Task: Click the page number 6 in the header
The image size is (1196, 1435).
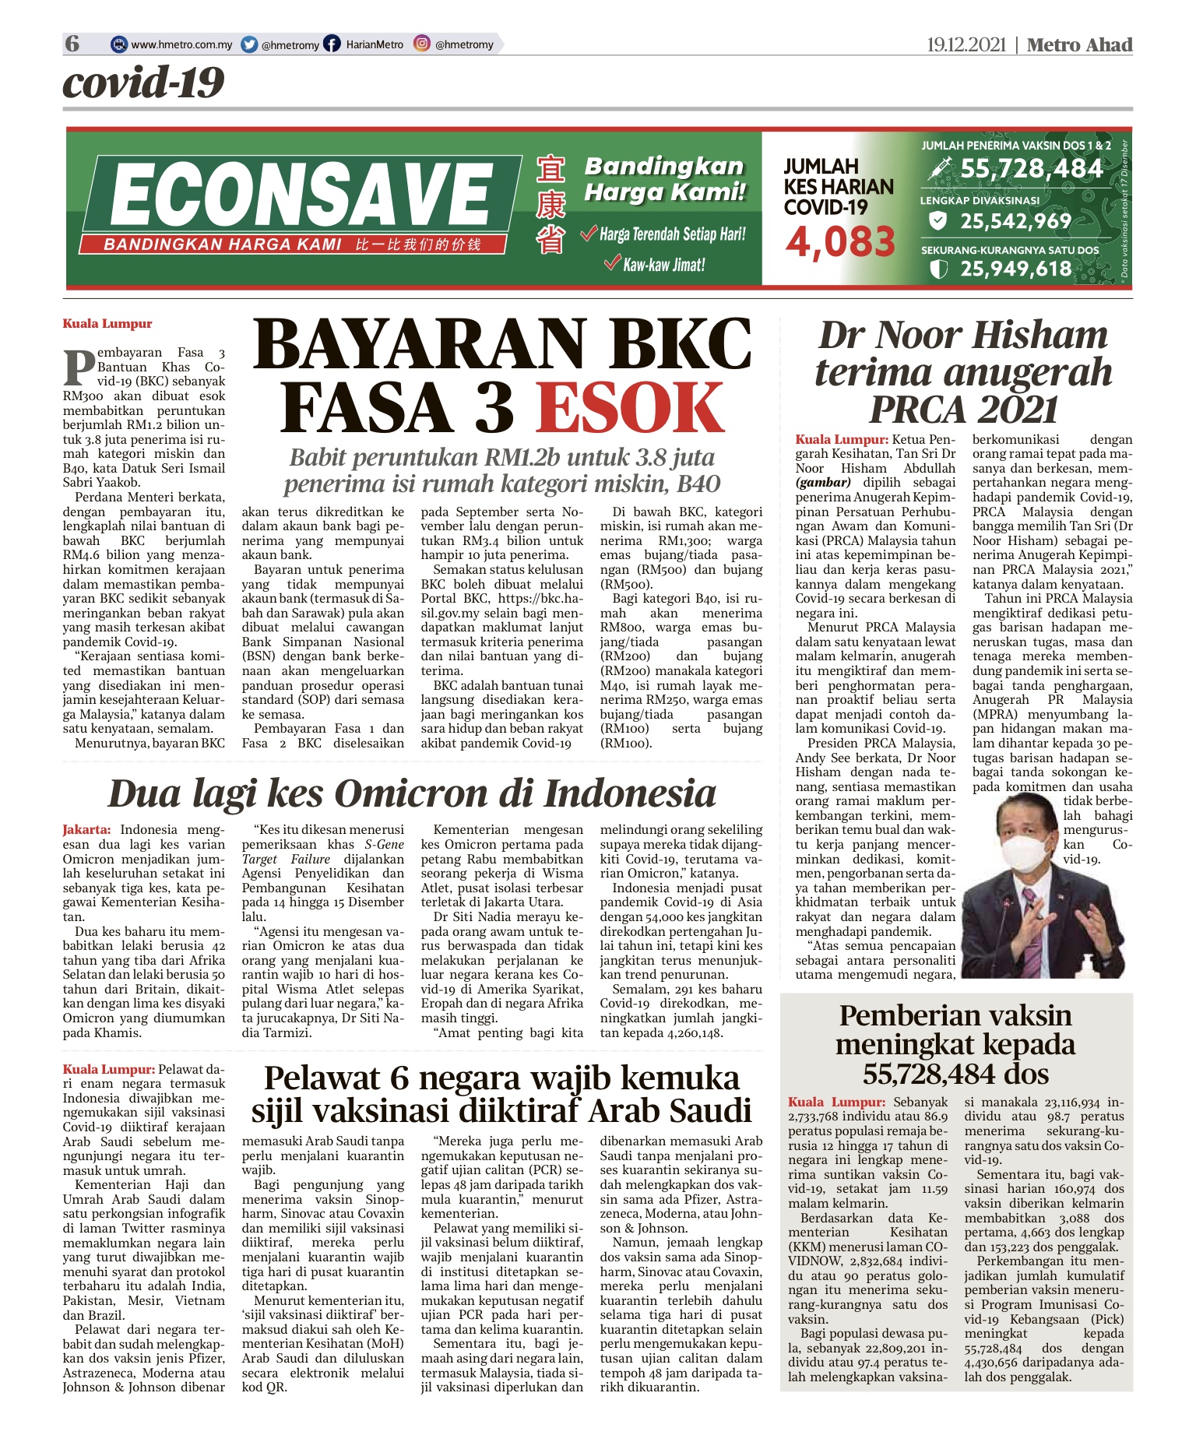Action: tap(72, 44)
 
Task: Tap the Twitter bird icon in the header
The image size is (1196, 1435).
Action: tap(249, 44)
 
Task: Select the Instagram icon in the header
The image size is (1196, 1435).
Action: tap(422, 44)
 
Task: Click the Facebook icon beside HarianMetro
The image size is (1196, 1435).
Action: tap(332, 44)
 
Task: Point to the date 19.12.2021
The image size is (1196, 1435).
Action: tap(966, 45)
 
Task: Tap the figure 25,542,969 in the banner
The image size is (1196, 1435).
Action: tap(1015, 222)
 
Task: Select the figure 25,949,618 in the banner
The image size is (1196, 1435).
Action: tap(1015, 269)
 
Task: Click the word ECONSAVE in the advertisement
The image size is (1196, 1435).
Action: tap(301, 195)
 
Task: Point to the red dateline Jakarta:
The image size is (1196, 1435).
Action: tap(86, 830)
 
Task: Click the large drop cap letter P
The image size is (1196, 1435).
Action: tap(79, 368)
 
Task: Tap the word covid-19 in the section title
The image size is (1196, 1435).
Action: tap(144, 83)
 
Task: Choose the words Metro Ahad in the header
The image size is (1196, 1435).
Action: tap(1079, 45)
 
